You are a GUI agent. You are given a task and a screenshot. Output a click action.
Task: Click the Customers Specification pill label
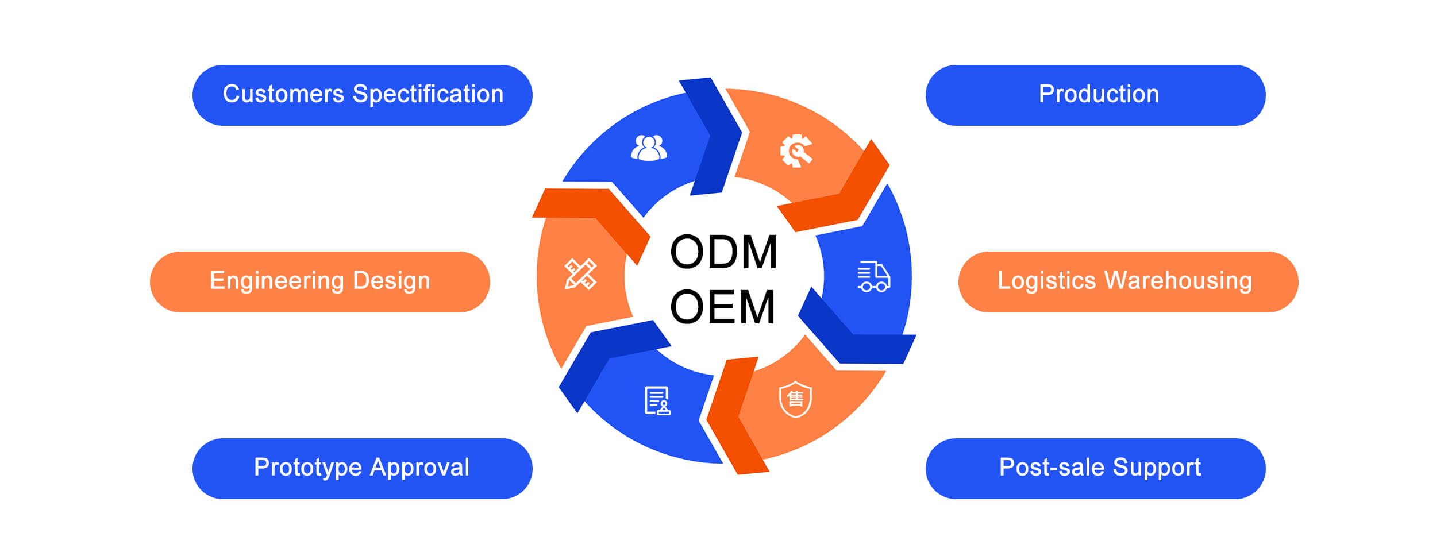pos(363,95)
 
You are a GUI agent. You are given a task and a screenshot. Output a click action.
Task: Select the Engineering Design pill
pos(319,281)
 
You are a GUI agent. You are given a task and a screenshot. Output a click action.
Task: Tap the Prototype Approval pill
pos(362,468)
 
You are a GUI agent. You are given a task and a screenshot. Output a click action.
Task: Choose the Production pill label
pos(1098,95)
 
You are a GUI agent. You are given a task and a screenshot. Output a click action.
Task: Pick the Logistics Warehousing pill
pos(1128,281)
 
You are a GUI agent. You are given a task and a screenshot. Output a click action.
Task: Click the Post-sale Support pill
pos(1098,468)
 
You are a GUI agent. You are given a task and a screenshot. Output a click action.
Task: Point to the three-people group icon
pos(649,148)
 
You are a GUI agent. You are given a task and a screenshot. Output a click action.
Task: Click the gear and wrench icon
pos(796,151)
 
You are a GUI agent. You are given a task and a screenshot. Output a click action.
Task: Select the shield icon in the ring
pos(795,399)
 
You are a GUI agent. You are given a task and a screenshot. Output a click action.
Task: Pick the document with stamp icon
pos(657,400)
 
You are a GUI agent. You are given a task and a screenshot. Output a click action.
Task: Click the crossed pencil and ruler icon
pos(580,274)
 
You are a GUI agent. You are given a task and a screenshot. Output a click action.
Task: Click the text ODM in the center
pos(723,252)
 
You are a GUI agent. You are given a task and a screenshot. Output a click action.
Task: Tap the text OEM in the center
pos(722,307)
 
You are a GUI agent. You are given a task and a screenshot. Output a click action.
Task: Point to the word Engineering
pos(276,281)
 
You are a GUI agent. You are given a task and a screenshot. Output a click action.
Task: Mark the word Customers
pos(283,95)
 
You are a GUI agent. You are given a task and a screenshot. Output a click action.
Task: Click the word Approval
pos(419,468)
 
